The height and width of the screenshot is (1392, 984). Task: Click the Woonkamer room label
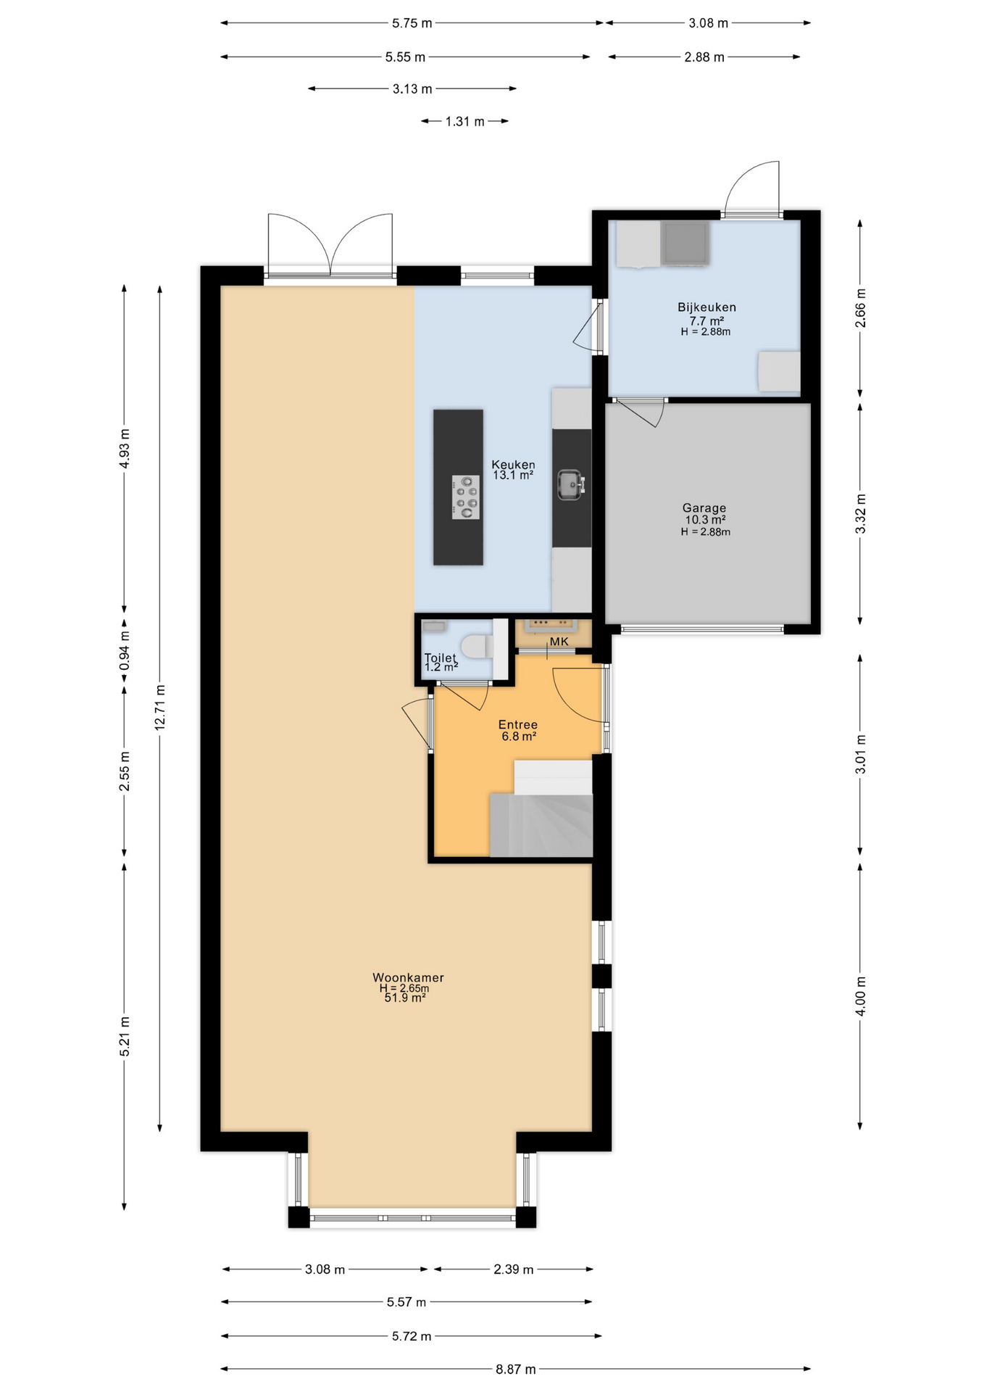point(408,977)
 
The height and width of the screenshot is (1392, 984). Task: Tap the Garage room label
point(704,508)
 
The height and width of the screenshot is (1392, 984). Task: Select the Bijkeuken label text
point(706,307)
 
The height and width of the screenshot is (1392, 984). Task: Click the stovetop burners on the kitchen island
point(465,497)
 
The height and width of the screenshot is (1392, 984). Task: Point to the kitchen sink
point(571,485)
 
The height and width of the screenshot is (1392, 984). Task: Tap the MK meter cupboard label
point(559,642)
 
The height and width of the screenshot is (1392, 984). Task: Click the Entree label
point(518,724)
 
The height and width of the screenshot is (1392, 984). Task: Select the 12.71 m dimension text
point(160,706)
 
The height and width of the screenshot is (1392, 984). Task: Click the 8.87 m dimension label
point(516,1370)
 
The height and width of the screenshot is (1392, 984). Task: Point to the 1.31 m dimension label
point(464,121)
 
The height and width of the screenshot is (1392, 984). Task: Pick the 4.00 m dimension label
point(861,996)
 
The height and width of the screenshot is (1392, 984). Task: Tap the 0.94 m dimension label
point(125,650)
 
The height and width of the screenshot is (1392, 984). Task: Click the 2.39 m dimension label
point(514,1269)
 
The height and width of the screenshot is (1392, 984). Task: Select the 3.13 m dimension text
point(412,89)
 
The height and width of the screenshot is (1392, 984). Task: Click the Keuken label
point(513,465)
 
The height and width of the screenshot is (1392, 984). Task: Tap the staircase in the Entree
point(542,809)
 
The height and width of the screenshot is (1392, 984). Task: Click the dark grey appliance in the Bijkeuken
point(685,243)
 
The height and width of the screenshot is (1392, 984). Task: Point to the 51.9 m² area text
point(405,998)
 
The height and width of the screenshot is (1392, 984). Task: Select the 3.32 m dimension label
point(861,513)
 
